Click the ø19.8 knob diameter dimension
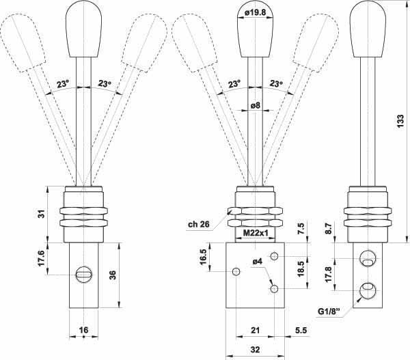[255, 13]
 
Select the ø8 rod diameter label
[256, 105]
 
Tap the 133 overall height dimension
[400, 121]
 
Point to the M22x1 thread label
[256, 233]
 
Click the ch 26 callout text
[199, 224]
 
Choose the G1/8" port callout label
[329, 311]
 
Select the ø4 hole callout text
[258, 262]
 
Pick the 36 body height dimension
[113, 275]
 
